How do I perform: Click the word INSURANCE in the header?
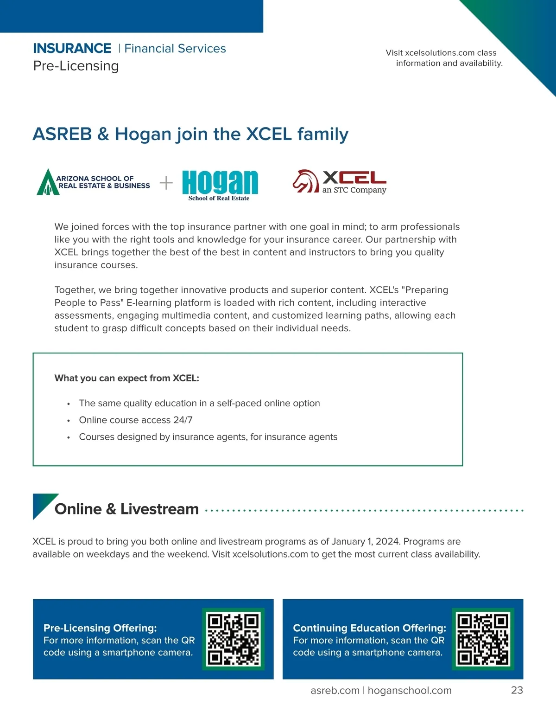[72, 49]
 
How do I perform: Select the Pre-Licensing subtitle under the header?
[76, 66]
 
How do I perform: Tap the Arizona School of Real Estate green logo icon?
[47, 182]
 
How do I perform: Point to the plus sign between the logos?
[166, 183]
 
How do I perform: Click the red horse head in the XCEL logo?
[305, 181]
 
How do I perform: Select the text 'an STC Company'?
[354, 190]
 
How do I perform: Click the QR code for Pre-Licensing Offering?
[233, 639]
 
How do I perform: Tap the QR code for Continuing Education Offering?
[483, 639]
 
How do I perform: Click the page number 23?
[517, 690]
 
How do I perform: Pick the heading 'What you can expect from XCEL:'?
[126, 378]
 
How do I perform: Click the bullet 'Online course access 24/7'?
[136, 420]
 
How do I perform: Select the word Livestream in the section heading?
[159, 509]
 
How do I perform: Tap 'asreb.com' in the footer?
[335, 690]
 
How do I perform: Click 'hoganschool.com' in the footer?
[410, 690]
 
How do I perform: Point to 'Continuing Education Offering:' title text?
[369, 628]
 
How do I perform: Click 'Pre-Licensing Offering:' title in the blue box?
[100, 628]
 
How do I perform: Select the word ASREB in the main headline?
[63, 134]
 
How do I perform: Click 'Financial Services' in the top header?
[175, 49]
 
